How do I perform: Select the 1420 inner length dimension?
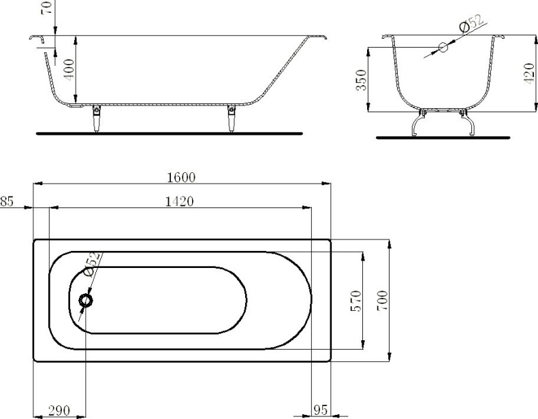click(180, 201)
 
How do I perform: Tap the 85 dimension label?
click(7, 201)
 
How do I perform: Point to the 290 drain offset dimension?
click(59, 411)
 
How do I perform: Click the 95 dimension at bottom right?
click(321, 411)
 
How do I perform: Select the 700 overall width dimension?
click(382, 299)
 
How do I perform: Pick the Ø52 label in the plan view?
click(93, 263)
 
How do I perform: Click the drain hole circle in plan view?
click(86, 300)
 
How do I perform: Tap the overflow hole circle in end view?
click(443, 47)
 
